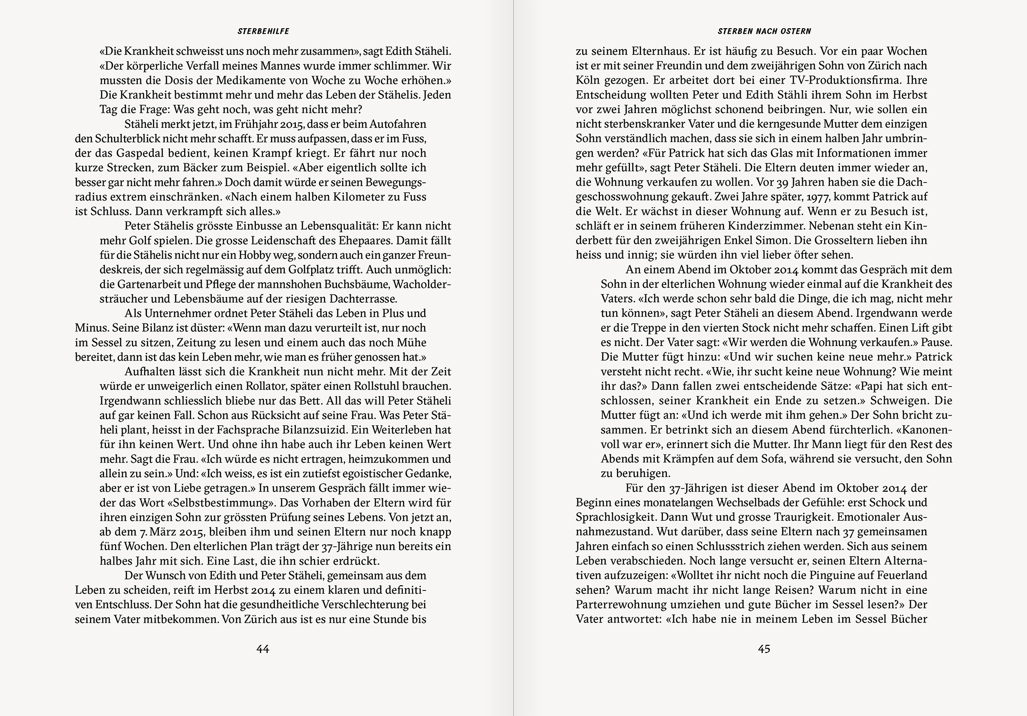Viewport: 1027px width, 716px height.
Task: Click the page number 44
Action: coord(263,649)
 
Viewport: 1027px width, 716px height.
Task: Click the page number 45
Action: coord(764,649)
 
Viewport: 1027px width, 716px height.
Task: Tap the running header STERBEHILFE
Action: coord(263,32)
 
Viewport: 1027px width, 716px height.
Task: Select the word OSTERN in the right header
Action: coord(796,32)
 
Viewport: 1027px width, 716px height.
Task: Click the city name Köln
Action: coord(587,80)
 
